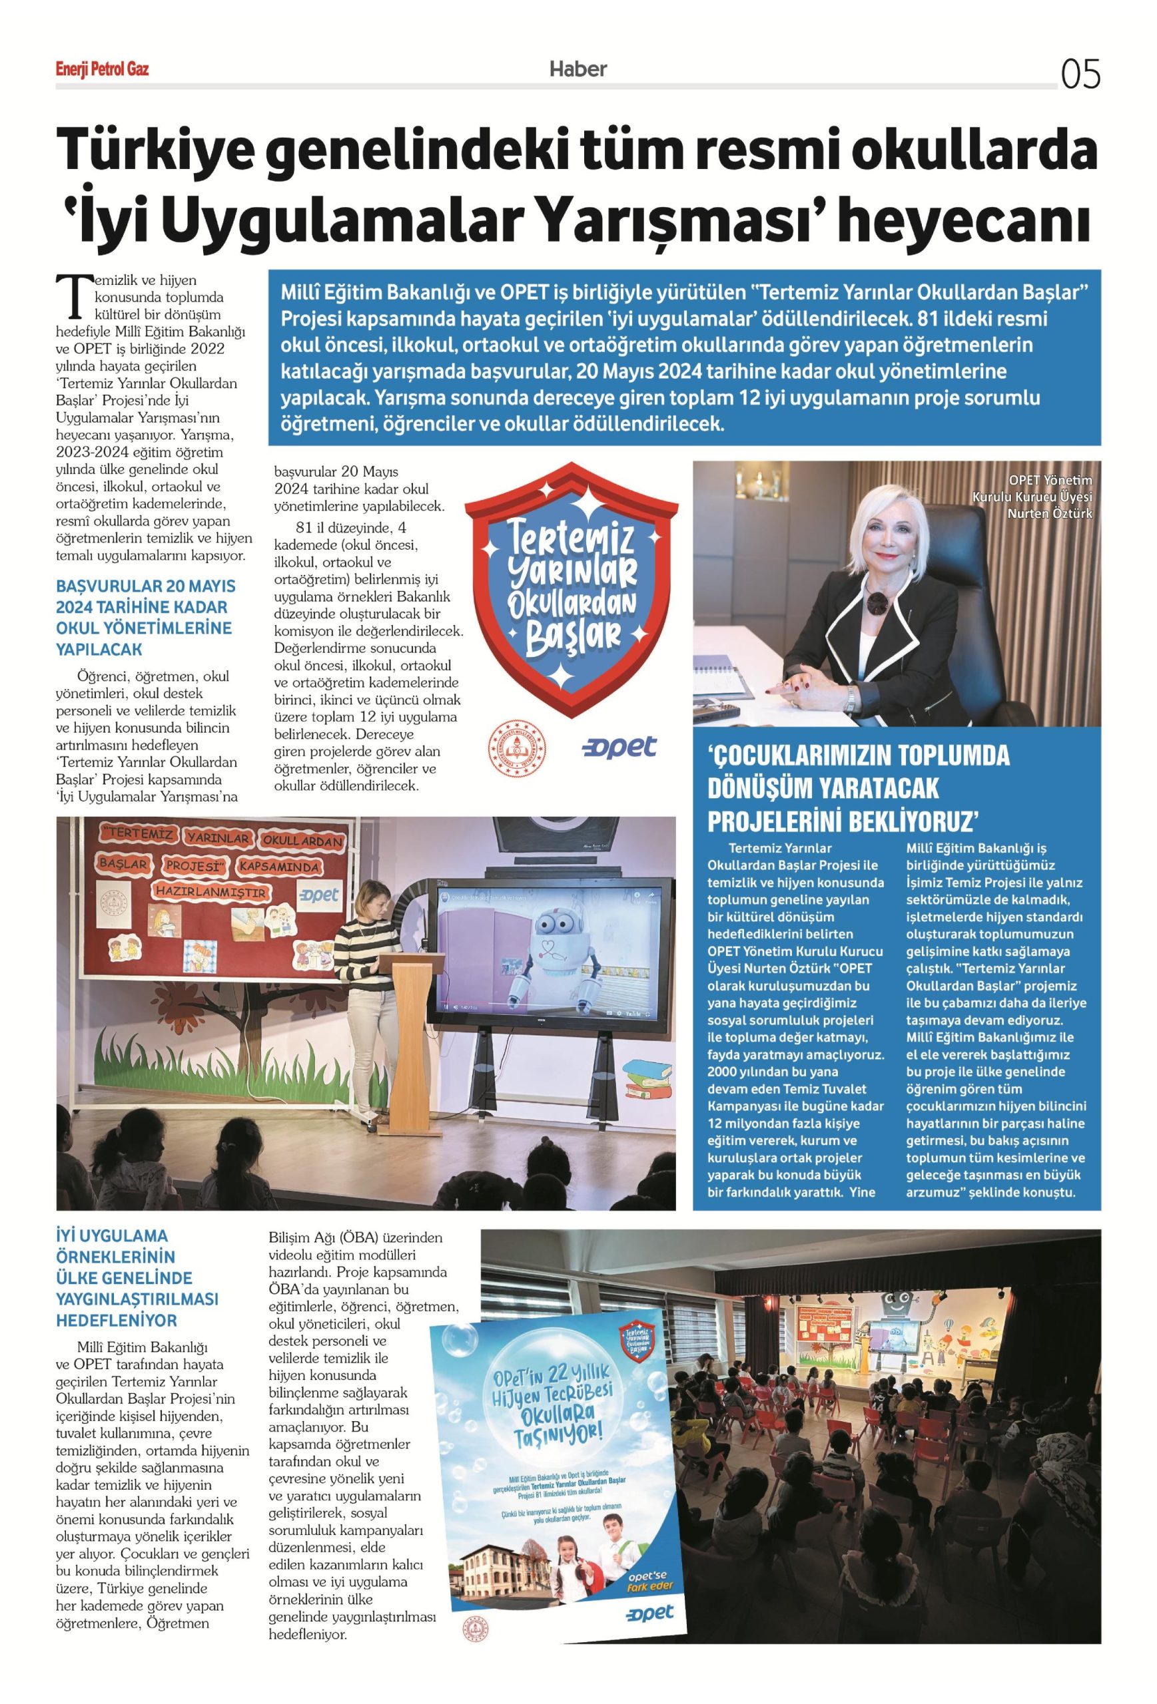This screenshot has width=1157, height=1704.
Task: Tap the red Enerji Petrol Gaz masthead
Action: tap(102, 70)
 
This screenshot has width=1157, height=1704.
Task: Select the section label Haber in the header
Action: tap(578, 69)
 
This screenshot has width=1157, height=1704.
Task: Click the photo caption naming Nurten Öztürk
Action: tap(1031, 497)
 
